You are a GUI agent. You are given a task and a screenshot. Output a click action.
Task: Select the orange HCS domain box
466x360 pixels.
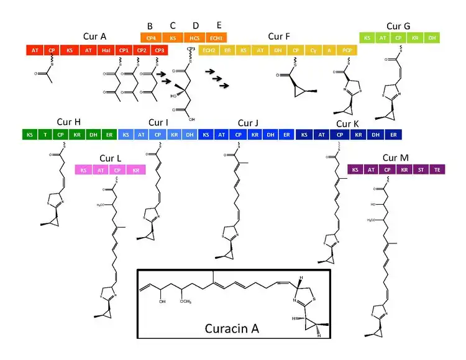[x=194, y=37]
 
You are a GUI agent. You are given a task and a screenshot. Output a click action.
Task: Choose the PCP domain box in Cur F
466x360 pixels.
[x=346, y=50]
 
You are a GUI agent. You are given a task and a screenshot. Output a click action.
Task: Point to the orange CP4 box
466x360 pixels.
[x=151, y=37]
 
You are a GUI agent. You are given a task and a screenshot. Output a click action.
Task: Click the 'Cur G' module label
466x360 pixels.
[x=398, y=26]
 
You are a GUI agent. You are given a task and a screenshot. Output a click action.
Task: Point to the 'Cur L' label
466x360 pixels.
[x=110, y=158]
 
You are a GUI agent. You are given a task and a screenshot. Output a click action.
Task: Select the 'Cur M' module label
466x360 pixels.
[x=396, y=158]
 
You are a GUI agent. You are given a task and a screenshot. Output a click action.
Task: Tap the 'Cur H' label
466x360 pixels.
[x=68, y=122]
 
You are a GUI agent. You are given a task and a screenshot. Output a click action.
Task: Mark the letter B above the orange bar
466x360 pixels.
[x=150, y=26]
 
